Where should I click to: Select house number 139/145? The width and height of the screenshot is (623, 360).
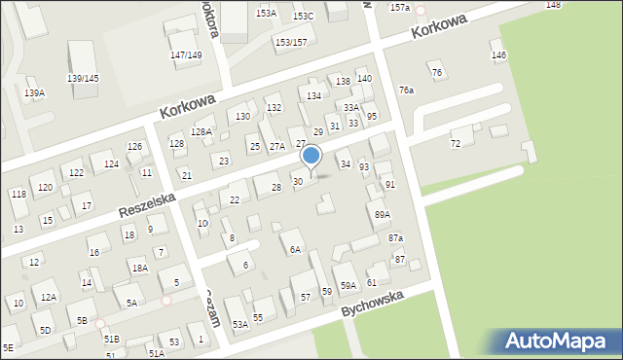click(83, 78)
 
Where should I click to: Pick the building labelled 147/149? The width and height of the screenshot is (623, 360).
click(186, 55)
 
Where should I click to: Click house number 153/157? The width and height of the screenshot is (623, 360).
click(291, 43)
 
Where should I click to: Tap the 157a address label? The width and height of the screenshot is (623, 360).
click(400, 8)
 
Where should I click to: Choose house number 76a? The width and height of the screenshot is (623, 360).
click(406, 90)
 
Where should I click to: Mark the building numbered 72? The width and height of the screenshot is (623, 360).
click(455, 144)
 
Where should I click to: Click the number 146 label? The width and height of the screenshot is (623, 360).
click(498, 55)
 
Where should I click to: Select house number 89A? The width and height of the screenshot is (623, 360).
click(382, 215)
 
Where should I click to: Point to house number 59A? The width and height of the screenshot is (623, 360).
click(348, 285)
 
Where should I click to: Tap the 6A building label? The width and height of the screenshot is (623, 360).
click(294, 249)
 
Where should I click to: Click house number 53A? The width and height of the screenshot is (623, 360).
click(239, 324)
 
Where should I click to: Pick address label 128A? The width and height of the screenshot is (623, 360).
click(202, 131)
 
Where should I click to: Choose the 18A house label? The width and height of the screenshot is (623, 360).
click(139, 268)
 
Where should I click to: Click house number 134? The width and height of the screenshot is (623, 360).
click(313, 96)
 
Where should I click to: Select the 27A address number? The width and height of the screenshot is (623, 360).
click(277, 146)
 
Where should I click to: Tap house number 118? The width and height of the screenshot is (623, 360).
click(18, 195)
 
